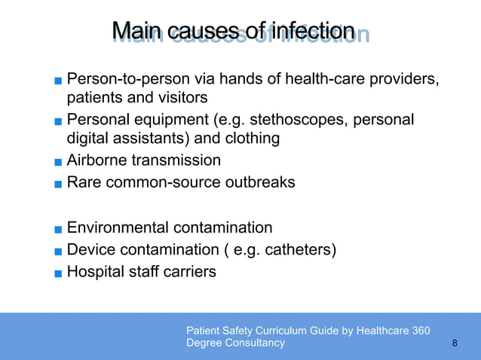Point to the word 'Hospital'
94,271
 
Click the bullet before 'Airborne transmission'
58,162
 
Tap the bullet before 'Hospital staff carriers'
58,273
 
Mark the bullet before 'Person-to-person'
58,81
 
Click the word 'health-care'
326,79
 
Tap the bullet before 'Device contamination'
58,251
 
